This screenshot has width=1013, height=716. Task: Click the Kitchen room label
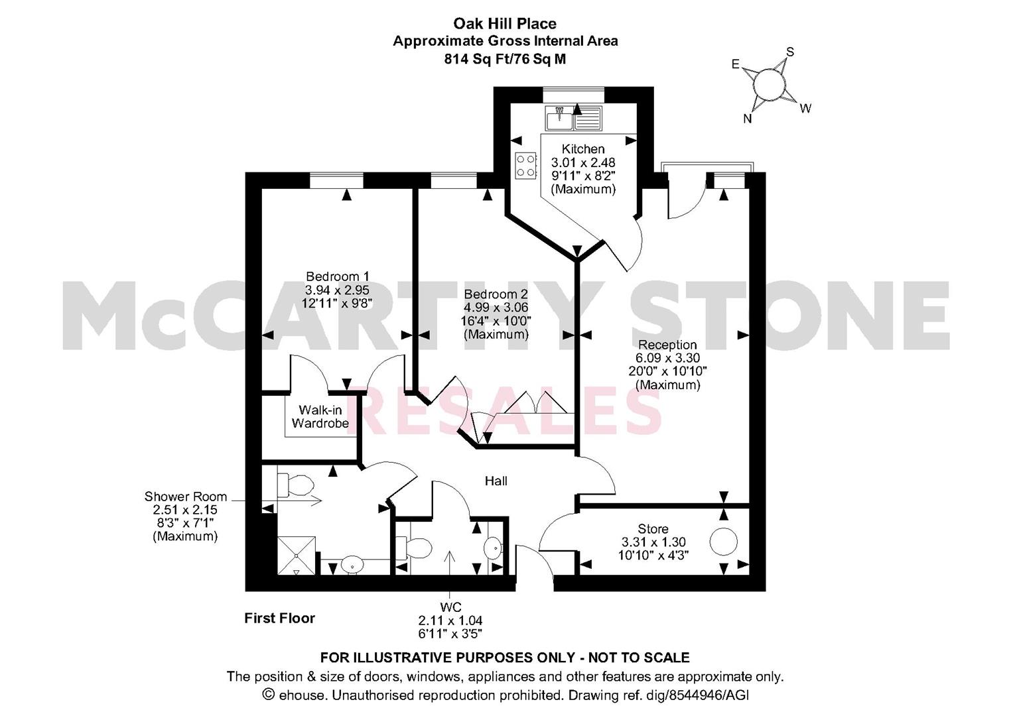click(583, 149)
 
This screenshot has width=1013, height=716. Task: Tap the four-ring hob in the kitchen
click(526, 166)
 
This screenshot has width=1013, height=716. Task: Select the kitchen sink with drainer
click(573, 119)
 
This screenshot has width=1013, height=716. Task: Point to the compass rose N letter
click(748, 119)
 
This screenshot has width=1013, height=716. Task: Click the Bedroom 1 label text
click(338, 276)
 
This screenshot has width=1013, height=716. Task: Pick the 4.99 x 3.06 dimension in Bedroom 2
click(496, 308)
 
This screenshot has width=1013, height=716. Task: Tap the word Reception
click(667, 345)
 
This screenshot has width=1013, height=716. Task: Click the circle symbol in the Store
click(723, 542)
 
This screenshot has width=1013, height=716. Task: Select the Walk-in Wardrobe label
click(320, 417)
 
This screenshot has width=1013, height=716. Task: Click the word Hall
click(496, 481)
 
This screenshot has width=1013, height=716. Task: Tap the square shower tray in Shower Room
click(296, 556)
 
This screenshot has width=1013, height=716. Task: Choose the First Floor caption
click(279, 618)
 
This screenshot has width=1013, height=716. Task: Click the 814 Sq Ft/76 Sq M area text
click(505, 59)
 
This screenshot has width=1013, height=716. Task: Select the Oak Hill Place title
click(505, 23)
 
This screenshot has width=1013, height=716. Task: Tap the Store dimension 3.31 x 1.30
click(653, 542)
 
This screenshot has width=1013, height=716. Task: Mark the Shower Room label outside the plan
click(185, 497)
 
